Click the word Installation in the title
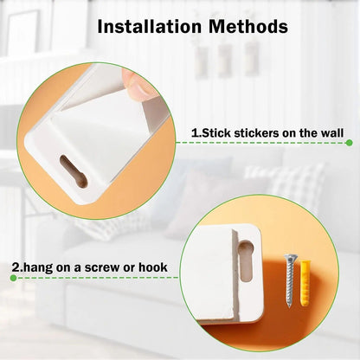(150, 26)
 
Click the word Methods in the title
(248, 26)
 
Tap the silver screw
(290, 280)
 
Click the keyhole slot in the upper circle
(74, 171)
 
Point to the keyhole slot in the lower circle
(246, 260)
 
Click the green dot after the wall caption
(349, 143)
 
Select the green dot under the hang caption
(13, 278)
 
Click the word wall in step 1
(331, 133)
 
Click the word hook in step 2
(153, 267)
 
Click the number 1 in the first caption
(195, 133)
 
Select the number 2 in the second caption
(15, 267)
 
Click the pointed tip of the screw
(289, 305)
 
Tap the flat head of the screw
(290, 256)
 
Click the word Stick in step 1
(216, 133)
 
